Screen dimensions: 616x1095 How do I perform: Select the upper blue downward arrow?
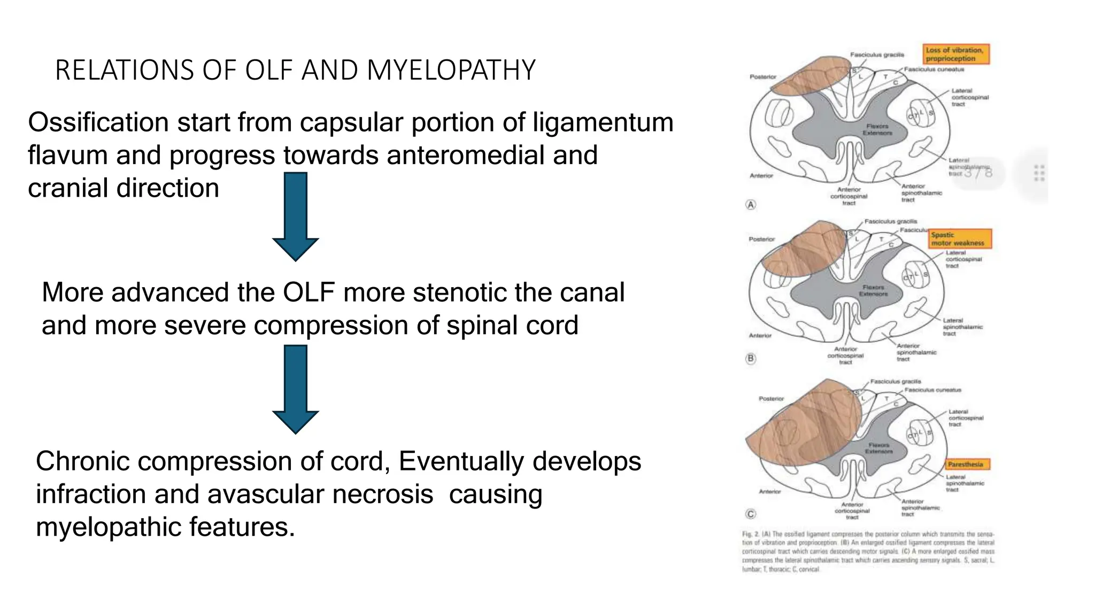pyautogui.click(x=296, y=216)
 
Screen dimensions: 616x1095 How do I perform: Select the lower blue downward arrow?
pyautogui.click(x=296, y=389)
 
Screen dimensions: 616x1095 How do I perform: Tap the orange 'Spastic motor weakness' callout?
pyautogui.click(x=960, y=238)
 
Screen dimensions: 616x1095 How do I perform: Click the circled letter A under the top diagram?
pyautogui.click(x=751, y=205)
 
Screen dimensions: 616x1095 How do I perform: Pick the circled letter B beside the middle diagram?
pyautogui.click(x=751, y=358)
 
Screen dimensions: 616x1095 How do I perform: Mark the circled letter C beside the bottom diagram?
pyautogui.click(x=751, y=514)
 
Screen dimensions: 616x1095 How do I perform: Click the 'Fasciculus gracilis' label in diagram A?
pyautogui.click(x=877, y=55)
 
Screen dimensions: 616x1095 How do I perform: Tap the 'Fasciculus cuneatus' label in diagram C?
pyautogui.click(x=932, y=390)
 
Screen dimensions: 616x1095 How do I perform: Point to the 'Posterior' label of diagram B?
pyautogui.click(x=762, y=239)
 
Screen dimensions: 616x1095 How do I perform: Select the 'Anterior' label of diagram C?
pyautogui.click(x=770, y=491)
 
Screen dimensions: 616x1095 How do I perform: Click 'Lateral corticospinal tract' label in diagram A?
pyautogui.click(x=969, y=97)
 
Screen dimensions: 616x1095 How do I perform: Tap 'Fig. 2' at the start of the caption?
pyautogui.click(x=748, y=534)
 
